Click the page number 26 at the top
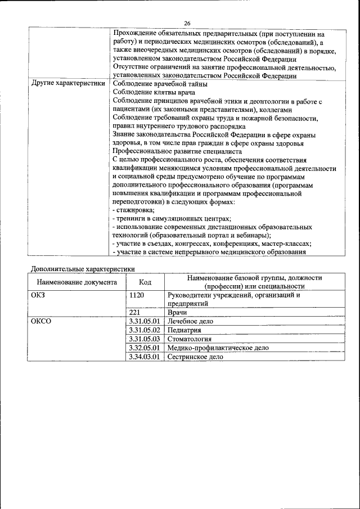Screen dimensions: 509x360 (x=187, y=23)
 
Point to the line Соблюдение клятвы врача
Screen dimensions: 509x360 (x=154, y=92)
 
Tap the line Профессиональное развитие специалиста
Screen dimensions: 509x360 (x=177, y=151)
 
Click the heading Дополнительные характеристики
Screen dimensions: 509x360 (x=83, y=269)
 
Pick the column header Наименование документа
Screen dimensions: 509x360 (x=77, y=282)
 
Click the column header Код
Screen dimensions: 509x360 (x=145, y=282)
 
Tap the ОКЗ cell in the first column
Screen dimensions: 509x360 (x=38, y=295)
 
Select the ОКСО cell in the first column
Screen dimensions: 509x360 (x=41, y=321)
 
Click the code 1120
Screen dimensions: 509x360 (x=137, y=295)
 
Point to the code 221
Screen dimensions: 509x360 (x=134, y=312)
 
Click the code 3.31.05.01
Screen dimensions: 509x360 (x=145, y=321)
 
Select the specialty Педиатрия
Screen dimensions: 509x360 (x=185, y=330)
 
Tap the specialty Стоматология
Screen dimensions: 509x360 (x=190, y=339)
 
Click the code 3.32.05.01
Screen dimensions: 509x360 (x=145, y=348)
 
